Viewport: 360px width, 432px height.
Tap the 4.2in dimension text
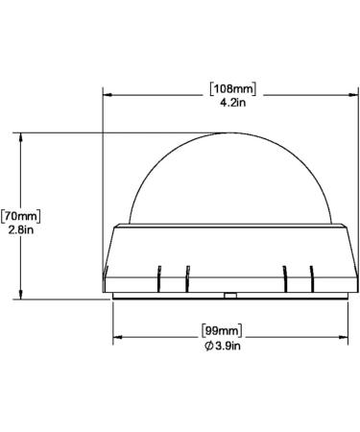click(233, 103)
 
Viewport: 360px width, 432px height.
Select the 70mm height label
click(21, 216)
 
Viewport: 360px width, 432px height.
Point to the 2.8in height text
click(21, 229)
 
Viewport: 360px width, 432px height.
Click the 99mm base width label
click(222, 330)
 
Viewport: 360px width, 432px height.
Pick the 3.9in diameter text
click(228, 346)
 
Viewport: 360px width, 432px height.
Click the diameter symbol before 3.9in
click(208, 346)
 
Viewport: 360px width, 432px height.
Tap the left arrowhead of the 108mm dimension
click(108, 95)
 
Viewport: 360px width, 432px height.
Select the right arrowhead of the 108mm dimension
click(353, 95)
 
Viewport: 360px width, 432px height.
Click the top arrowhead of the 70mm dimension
click(21, 137)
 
